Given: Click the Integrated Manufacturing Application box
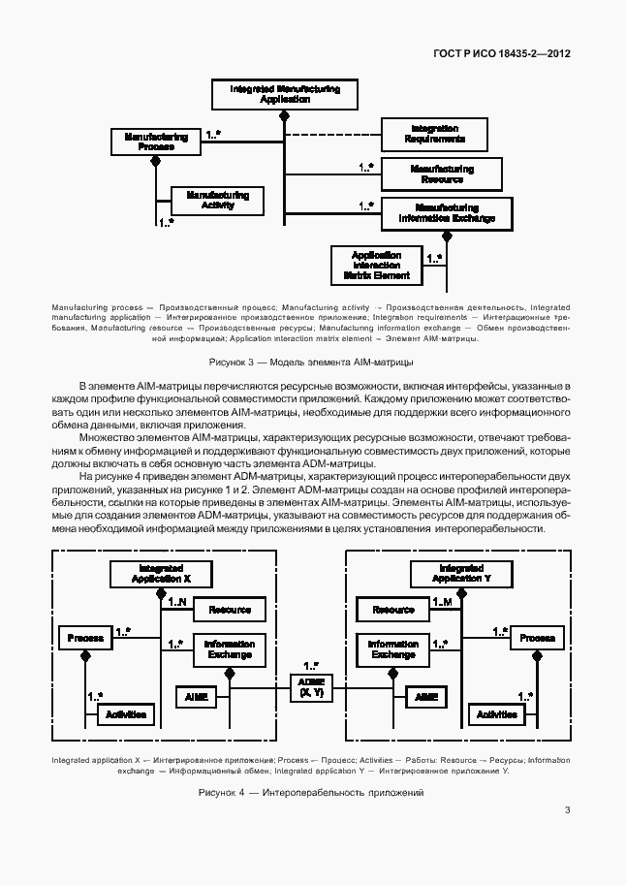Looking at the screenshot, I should tap(285, 94).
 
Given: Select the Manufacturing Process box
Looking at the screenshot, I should tap(155, 142).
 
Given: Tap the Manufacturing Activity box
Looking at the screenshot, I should tap(217, 200).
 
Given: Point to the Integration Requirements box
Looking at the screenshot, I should tap(434, 134).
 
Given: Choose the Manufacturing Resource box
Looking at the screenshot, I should tap(441, 174).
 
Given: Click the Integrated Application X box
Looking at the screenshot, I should tap(161, 574).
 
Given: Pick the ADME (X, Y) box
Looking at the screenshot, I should tap(312, 687).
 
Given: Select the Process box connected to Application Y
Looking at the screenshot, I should tap(537, 638).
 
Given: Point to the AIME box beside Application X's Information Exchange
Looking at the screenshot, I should tap(191, 696).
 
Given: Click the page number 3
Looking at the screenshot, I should tap(566, 810).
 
